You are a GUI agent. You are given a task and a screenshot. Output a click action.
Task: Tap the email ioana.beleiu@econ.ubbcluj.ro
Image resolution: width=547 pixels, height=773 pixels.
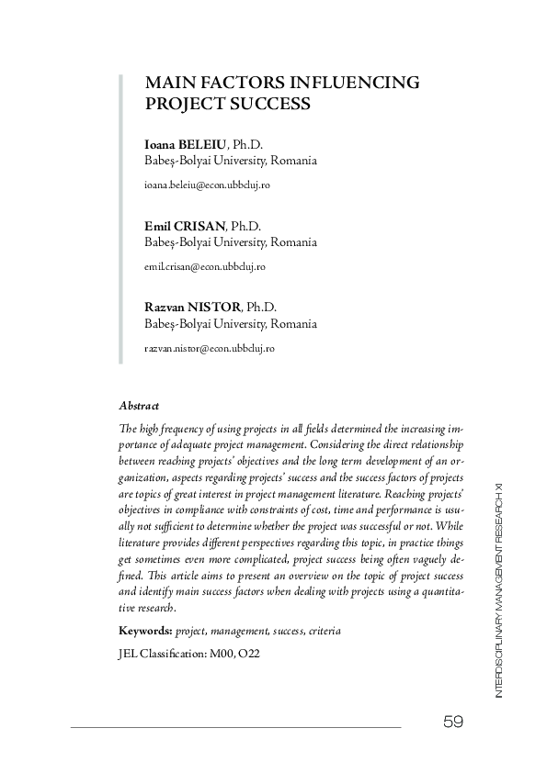(x=207, y=185)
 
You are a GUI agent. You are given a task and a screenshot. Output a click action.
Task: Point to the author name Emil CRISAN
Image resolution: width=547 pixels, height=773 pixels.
(x=185, y=226)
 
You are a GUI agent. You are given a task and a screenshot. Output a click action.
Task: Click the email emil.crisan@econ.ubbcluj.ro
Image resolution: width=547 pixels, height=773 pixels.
(x=205, y=266)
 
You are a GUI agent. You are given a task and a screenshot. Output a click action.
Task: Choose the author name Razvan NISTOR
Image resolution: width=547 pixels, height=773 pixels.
(x=191, y=308)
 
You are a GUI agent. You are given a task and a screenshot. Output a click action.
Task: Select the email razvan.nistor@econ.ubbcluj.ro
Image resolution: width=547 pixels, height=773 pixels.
(x=209, y=349)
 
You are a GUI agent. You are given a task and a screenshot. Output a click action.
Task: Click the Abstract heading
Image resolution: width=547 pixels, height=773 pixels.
(x=139, y=405)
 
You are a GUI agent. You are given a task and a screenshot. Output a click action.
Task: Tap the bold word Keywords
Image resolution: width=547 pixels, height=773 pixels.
(x=144, y=632)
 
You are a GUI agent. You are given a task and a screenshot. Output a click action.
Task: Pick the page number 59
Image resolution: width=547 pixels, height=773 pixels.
(x=452, y=723)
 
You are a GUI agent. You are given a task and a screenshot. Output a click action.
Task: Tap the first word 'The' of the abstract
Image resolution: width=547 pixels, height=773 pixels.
(x=127, y=429)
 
